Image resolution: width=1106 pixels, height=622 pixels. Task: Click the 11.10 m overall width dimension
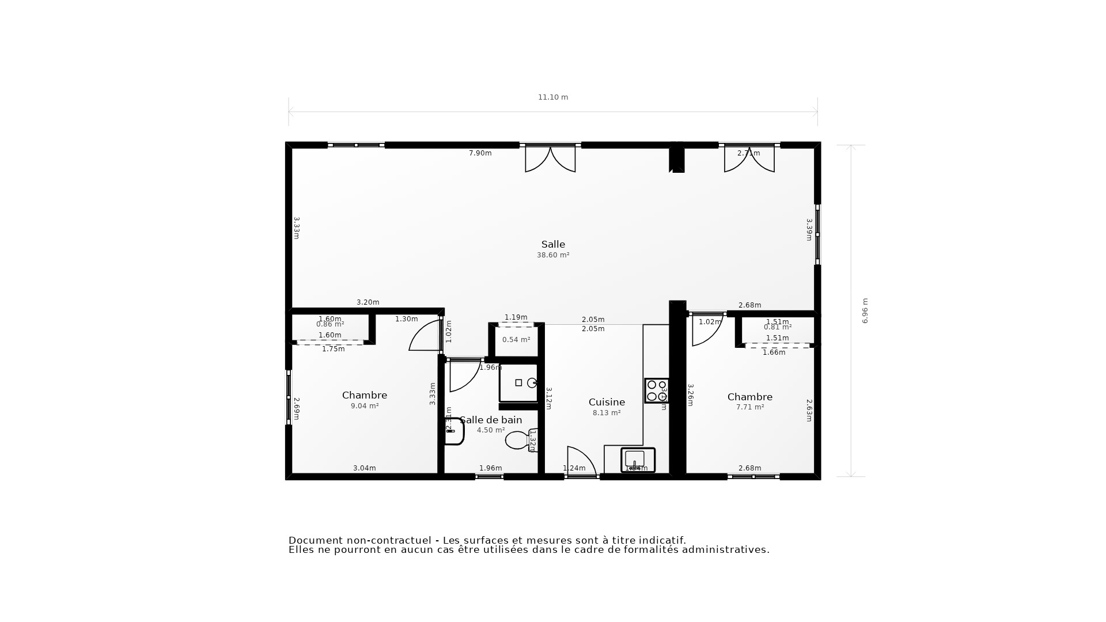coord(553,97)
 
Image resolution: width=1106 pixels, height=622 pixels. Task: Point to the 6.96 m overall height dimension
coord(865,310)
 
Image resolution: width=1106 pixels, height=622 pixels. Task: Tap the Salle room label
coord(553,244)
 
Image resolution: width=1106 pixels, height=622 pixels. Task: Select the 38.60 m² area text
coord(553,255)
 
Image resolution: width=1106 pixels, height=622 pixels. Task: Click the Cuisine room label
coord(607,402)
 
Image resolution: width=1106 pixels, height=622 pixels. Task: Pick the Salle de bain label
coord(491,420)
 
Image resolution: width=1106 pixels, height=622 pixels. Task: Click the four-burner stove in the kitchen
coord(656,390)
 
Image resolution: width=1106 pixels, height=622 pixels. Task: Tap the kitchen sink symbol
coord(638,460)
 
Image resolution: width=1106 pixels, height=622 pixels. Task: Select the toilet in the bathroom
coord(518,441)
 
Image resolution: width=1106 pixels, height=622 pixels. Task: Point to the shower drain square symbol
coord(518,383)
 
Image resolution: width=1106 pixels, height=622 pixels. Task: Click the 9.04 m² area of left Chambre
coord(365,406)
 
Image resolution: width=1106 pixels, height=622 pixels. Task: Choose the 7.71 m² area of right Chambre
coord(750,407)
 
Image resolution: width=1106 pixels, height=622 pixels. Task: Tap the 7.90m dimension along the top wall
coord(480,153)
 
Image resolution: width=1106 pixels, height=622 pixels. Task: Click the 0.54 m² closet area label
coord(516,340)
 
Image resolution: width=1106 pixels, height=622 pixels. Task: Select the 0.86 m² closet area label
coord(330,325)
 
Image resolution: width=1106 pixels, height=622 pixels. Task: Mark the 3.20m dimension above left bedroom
coord(368,302)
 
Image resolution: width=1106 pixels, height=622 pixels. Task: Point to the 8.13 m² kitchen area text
coord(607,413)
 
